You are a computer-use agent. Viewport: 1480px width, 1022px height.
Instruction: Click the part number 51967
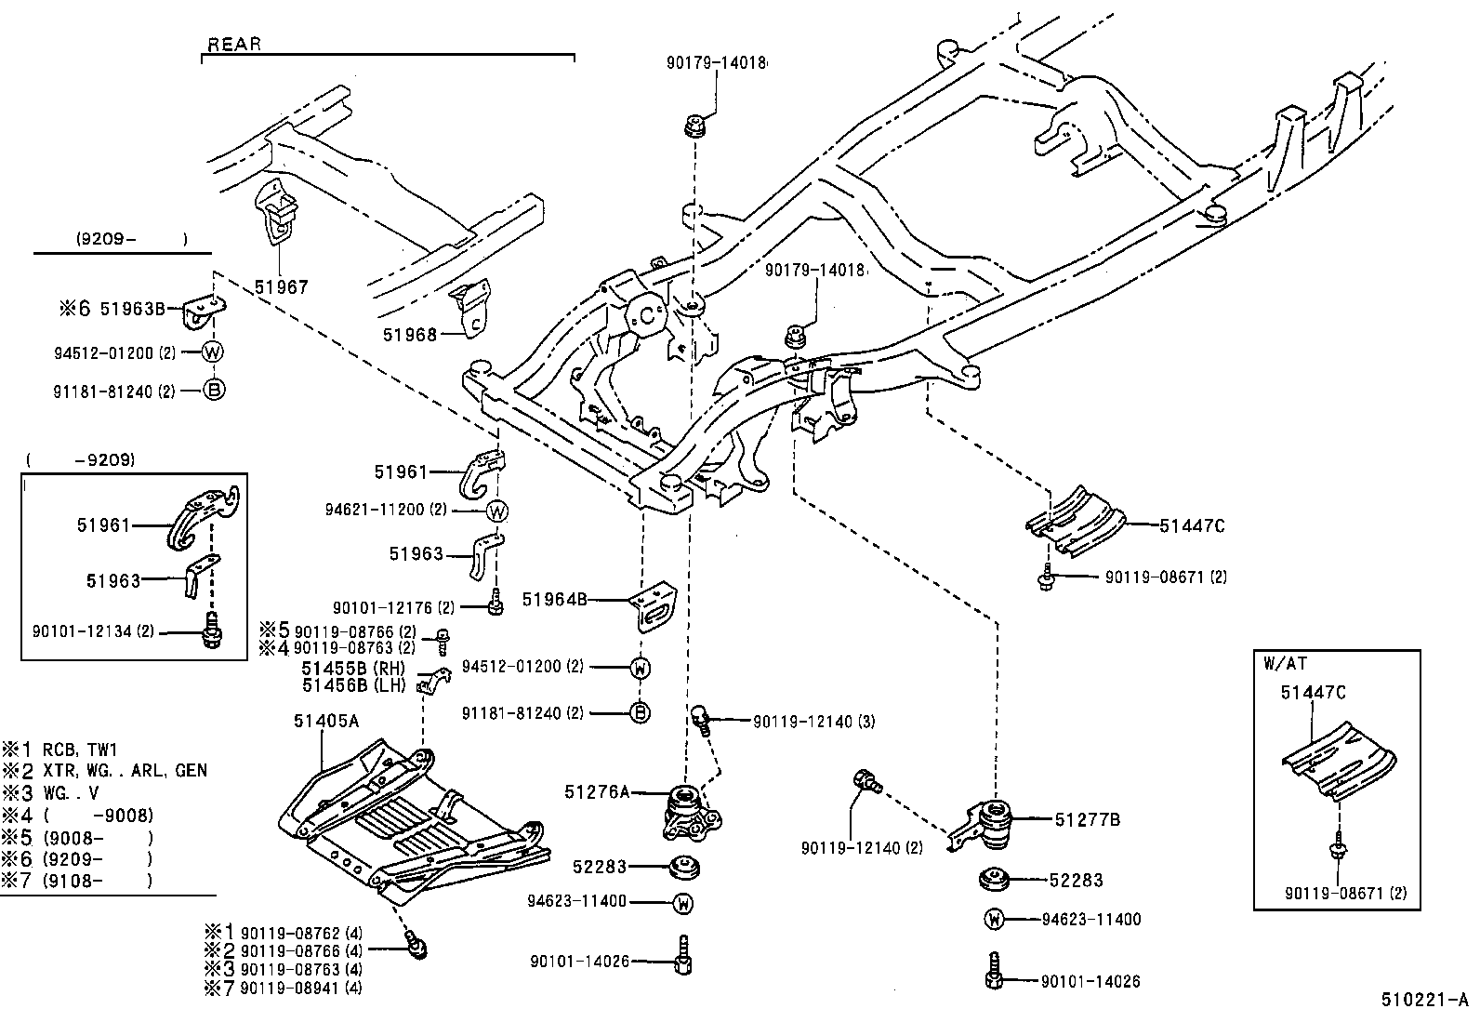click(281, 288)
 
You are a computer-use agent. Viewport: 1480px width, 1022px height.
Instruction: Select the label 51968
click(409, 334)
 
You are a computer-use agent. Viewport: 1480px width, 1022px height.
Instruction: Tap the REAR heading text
click(234, 45)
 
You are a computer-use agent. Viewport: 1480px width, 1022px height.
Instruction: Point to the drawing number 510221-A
click(1424, 1001)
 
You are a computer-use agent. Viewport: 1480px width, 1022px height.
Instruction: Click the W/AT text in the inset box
click(1285, 664)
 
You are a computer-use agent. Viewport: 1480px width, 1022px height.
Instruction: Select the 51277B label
click(1087, 820)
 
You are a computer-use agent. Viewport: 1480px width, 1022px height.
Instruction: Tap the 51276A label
click(596, 792)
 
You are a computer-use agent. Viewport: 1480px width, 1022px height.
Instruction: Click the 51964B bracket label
click(554, 600)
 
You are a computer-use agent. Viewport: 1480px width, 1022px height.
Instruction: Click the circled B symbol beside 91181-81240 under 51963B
click(214, 391)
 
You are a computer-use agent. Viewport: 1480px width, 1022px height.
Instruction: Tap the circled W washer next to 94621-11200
click(498, 511)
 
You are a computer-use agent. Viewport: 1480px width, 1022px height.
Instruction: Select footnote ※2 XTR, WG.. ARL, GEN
click(105, 771)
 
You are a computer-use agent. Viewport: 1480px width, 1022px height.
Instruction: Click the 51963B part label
click(138, 309)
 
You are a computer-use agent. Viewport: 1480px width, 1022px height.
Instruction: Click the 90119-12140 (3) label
click(813, 722)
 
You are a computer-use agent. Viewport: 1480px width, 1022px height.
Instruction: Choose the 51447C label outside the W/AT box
click(1192, 526)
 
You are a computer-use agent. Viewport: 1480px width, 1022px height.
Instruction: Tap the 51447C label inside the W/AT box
click(1313, 693)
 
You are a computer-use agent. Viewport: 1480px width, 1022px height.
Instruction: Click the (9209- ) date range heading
click(131, 239)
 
